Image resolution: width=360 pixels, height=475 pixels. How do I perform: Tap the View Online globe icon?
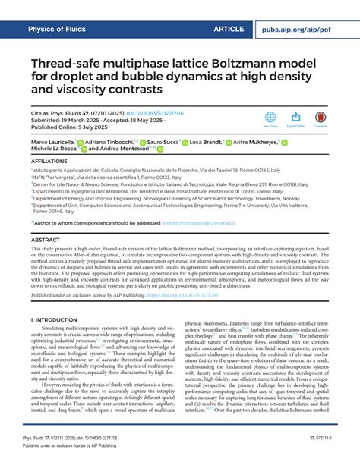point(270,118)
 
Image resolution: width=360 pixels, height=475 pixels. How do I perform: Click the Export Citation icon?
point(296,118)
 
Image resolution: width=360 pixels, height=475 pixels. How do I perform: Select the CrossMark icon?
point(321,118)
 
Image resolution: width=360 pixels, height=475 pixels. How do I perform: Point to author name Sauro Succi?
point(163,142)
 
